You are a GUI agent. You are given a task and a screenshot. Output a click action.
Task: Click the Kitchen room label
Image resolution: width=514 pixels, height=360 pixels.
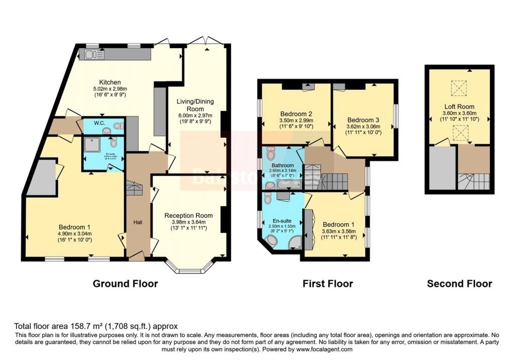click(x=109, y=82)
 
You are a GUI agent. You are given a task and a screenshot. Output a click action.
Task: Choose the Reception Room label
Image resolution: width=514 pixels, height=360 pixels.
click(x=188, y=215)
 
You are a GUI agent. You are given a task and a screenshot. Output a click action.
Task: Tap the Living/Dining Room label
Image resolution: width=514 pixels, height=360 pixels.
click(x=195, y=105)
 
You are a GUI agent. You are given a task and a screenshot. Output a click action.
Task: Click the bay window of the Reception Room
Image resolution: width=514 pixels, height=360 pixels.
click(x=192, y=266)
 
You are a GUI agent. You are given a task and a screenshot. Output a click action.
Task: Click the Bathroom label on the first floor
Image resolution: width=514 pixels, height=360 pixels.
click(x=282, y=165)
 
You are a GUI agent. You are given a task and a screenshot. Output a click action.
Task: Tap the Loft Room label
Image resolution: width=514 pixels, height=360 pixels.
click(x=458, y=106)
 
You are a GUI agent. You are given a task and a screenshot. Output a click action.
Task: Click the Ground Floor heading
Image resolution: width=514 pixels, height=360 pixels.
click(x=125, y=284)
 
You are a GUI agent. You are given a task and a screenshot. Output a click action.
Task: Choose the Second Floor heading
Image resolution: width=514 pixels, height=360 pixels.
click(x=459, y=284)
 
